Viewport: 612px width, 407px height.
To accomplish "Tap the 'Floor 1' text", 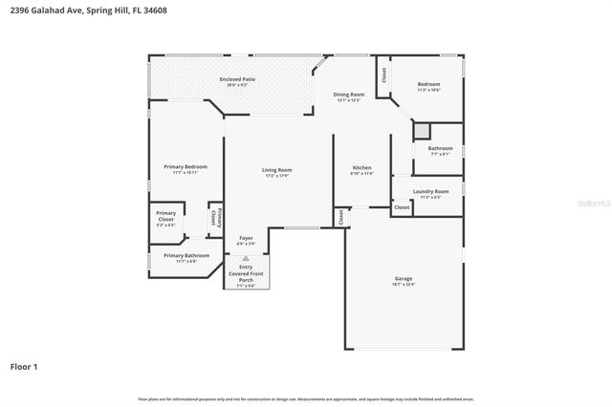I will click(x=24, y=366).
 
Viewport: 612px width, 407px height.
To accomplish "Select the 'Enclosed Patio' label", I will click(x=237, y=79).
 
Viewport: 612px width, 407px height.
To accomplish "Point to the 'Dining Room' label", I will click(x=349, y=94).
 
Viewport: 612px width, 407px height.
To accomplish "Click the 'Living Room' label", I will click(x=276, y=170).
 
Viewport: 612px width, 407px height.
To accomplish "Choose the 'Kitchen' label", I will click(x=361, y=167).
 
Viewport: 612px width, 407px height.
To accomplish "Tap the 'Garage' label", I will click(x=403, y=279).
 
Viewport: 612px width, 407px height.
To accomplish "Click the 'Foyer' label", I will click(x=246, y=237).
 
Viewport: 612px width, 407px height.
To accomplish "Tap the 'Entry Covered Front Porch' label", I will click(x=246, y=273).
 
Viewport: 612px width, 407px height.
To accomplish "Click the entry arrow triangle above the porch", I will click(x=246, y=258).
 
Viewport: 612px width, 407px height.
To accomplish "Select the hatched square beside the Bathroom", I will click(x=423, y=131).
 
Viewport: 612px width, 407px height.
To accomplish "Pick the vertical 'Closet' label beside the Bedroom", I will click(x=384, y=75).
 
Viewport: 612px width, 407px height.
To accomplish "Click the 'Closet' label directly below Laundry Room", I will click(x=402, y=207).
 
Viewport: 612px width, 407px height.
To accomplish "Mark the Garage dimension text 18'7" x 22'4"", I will click(x=403, y=285).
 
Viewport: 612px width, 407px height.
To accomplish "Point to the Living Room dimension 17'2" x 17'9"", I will click(x=276, y=176).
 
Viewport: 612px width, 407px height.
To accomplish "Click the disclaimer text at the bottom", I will click(x=306, y=398).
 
